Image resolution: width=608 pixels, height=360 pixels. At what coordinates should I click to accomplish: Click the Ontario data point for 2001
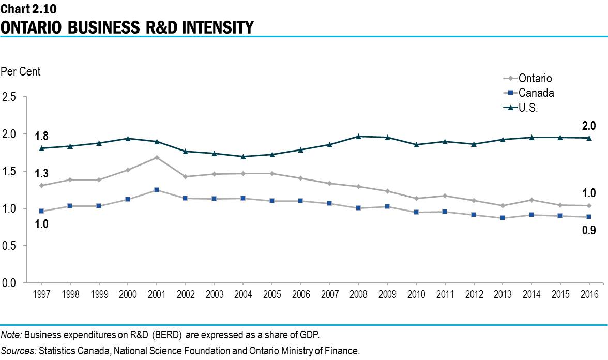157,157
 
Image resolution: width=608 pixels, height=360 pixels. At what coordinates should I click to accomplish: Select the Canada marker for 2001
157,190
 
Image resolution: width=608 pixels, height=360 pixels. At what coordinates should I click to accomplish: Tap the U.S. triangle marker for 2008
358,137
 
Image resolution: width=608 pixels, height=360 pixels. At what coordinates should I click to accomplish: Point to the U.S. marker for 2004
243,156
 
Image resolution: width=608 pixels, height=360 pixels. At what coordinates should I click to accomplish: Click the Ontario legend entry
535,79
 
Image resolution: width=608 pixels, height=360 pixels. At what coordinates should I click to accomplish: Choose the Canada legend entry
536,93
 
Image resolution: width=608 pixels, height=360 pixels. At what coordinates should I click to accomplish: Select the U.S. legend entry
528,108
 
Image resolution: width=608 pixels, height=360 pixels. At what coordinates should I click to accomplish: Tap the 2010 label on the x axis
416,294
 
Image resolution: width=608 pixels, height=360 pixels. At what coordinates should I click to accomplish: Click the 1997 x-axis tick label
41,294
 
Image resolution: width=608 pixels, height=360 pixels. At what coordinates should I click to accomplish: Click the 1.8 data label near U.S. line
41,137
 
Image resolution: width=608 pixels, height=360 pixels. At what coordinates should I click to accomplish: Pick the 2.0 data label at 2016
589,126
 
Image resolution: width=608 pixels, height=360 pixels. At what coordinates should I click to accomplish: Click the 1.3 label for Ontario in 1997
41,173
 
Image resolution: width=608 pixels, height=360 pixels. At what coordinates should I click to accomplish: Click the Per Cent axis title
21,72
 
